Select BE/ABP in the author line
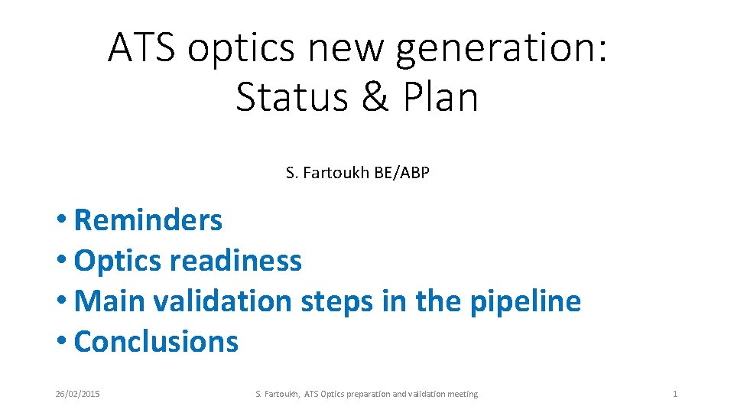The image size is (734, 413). tap(401, 173)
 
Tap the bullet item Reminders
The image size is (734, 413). tap(148, 220)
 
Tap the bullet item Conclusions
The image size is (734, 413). tap(157, 341)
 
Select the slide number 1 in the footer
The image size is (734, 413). tap(674, 394)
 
